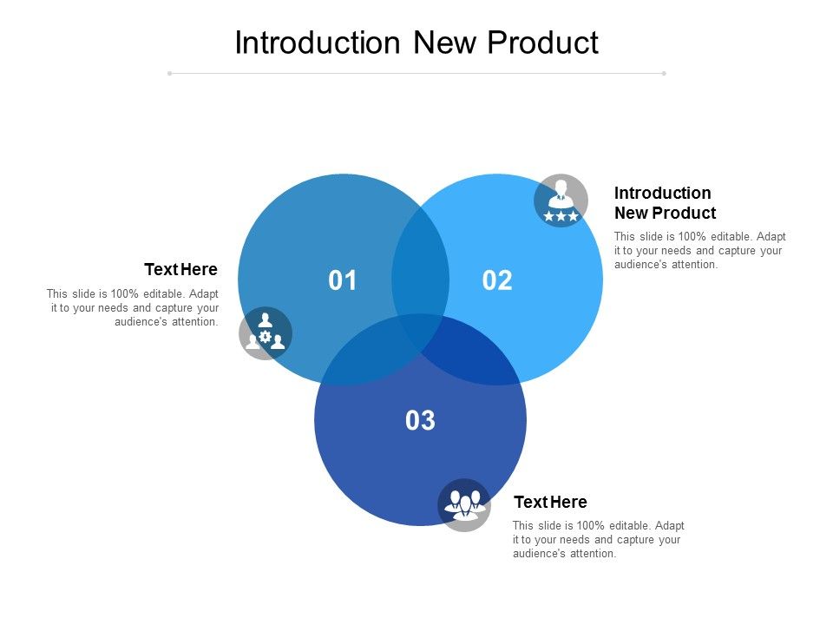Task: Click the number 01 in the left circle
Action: (x=343, y=280)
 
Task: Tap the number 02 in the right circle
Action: (x=497, y=280)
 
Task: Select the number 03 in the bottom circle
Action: (x=420, y=421)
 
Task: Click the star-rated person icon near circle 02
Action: (x=561, y=201)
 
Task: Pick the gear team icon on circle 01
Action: (x=266, y=333)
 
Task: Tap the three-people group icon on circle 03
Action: (x=464, y=504)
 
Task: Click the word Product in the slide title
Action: (x=549, y=43)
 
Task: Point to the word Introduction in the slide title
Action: (x=318, y=43)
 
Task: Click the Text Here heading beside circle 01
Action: (x=180, y=269)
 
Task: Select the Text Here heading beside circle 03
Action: (x=550, y=502)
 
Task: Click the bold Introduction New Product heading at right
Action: (x=665, y=202)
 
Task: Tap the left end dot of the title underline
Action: (x=170, y=74)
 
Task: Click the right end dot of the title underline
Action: (x=664, y=74)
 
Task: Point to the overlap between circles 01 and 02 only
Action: (x=420, y=260)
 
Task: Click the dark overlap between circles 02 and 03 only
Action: (x=473, y=356)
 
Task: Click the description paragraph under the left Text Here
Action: (x=133, y=307)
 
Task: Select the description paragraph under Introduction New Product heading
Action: (x=699, y=250)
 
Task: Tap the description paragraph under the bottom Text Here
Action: (x=598, y=539)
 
